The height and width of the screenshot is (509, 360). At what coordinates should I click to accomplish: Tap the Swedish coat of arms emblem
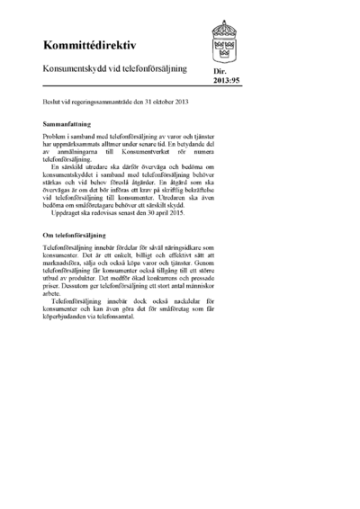[224, 41]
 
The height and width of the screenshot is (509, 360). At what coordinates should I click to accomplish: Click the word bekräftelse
[200, 191]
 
